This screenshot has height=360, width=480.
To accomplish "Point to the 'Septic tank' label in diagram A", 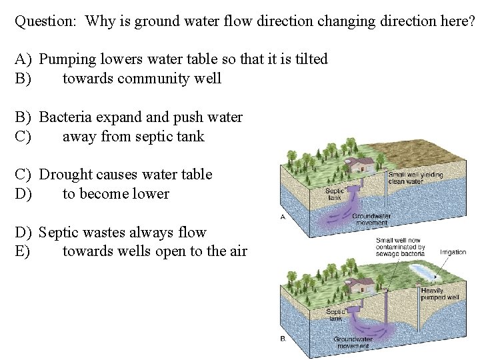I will coord(334,194).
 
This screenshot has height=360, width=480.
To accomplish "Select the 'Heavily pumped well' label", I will coord(440,294).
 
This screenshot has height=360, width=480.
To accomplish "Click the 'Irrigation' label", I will coord(453,252).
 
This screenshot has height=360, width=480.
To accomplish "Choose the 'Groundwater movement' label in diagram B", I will coord(353,343).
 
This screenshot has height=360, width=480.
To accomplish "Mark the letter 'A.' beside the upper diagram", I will coord(283,217).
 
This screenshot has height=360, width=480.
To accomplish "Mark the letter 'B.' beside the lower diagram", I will coord(283,339).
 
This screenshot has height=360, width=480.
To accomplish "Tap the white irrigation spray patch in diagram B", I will coord(421,271).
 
